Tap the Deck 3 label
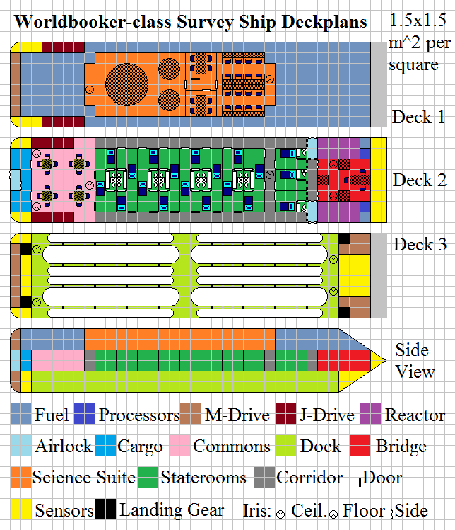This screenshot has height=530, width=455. [x=420, y=245]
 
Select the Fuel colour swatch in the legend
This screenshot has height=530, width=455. [x=21, y=414]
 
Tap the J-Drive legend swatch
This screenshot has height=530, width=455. [x=285, y=414]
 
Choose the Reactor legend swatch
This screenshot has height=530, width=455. [x=371, y=414]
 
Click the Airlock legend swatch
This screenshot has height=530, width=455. [x=21, y=446]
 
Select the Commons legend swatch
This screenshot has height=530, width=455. [x=179, y=446]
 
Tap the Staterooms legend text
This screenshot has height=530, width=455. [x=203, y=478]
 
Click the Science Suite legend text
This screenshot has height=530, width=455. [x=84, y=478]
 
